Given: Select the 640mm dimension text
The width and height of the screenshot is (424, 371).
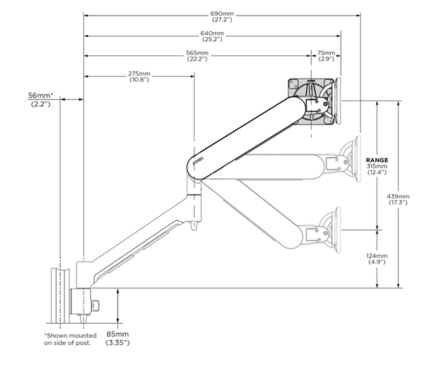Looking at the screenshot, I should click(x=212, y=33).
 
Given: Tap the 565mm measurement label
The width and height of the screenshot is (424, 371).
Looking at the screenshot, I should click(x=198, y=53).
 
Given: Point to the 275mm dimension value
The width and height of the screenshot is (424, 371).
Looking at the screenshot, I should click(x=139, y=73).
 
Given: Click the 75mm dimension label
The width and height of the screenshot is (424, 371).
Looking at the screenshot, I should click(x=326, y=53).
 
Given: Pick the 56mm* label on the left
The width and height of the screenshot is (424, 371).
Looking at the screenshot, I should click(x=42, y=95).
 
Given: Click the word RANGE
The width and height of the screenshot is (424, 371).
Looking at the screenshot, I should click(x=377, y=160).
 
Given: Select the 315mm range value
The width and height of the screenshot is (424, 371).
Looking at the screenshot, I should click(x=377, y=167).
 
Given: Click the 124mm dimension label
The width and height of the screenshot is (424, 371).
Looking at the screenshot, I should click(x=377, y=256).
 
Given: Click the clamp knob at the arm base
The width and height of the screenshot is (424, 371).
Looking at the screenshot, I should click(x=97, y=305).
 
